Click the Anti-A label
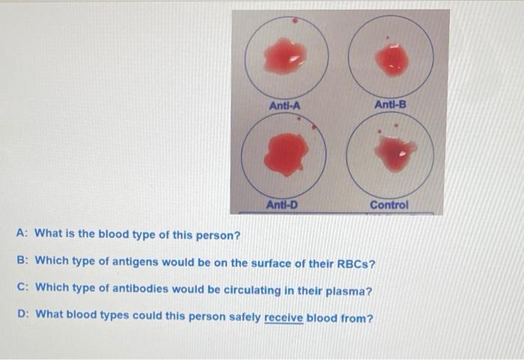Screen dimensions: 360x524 tap(284, 106)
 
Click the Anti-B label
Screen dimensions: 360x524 tap(391, 105)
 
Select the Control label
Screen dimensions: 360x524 tap(389, 204)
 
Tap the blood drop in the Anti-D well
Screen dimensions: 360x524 tap(285, 153)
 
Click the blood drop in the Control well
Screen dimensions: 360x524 tap(394, 153)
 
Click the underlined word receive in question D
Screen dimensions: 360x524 tap(284, 317)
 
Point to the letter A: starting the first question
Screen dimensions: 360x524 tap(22, 234)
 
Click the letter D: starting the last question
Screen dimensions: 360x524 tap(22, 317)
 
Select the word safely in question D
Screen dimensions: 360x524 tap(243, 317)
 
